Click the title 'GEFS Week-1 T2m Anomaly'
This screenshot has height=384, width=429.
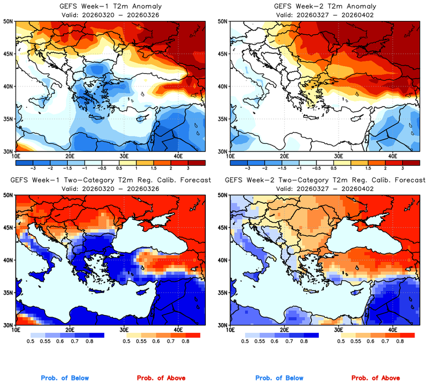pyautogui.click(x=110, y=5)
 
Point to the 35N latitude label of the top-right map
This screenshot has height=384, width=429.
pyautogui.click(x=223, y=119)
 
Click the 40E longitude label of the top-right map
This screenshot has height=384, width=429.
pyautogui.click(x=392, y=157)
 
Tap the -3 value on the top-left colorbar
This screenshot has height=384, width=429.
pyautogui.click(x=35, y=166)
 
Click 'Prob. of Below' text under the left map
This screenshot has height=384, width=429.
pyautogui.click(x=65, y=378)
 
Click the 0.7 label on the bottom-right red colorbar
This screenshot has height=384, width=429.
pyautogui.click(x=385, y=342)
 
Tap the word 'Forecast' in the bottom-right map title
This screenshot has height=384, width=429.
pyautogui.click(x=408, y=180)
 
